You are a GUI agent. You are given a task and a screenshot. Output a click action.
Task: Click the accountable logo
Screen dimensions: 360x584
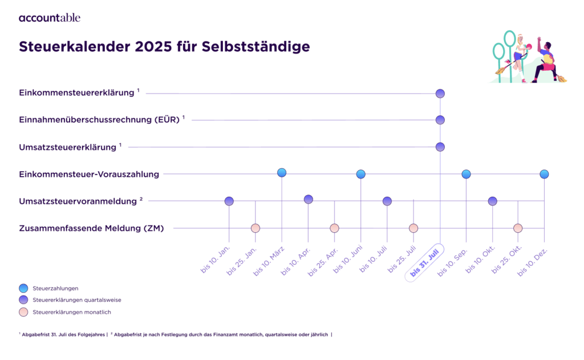coord(50,18)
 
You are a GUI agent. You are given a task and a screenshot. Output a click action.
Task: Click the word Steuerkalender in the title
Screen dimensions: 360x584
coord(75,47)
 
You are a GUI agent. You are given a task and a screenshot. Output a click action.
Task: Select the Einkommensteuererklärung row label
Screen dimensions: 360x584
coord(77,92)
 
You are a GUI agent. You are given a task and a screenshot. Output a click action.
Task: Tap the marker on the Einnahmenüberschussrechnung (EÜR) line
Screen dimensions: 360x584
coord(440,120)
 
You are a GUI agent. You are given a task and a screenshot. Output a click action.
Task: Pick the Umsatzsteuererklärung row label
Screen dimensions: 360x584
coord(67,147)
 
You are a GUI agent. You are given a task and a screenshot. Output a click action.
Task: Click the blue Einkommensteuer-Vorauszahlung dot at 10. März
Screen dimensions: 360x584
coord(282,173)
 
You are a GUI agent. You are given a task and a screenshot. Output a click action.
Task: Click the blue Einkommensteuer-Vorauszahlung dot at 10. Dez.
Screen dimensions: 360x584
coord(544,174)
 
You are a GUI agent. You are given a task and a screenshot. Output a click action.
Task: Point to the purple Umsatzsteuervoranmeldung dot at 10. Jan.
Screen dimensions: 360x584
coord(229,201)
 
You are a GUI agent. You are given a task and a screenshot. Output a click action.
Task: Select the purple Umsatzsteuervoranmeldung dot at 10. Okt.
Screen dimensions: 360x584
coord(492,201)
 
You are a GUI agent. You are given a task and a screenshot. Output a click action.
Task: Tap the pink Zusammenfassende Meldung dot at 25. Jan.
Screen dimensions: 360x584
coord(255,228)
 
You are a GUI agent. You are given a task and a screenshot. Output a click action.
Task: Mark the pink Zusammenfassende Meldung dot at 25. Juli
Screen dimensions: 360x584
coord(413,228)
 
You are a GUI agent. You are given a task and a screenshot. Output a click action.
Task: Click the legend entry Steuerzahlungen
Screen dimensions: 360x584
coord(55,288)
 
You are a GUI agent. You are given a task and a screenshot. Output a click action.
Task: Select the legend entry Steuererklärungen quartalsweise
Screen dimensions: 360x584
coord(77,300)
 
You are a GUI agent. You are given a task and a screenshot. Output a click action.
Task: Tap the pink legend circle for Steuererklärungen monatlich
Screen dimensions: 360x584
coord(23,312)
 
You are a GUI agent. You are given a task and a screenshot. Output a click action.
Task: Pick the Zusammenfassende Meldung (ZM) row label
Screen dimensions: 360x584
coord(91,229)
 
